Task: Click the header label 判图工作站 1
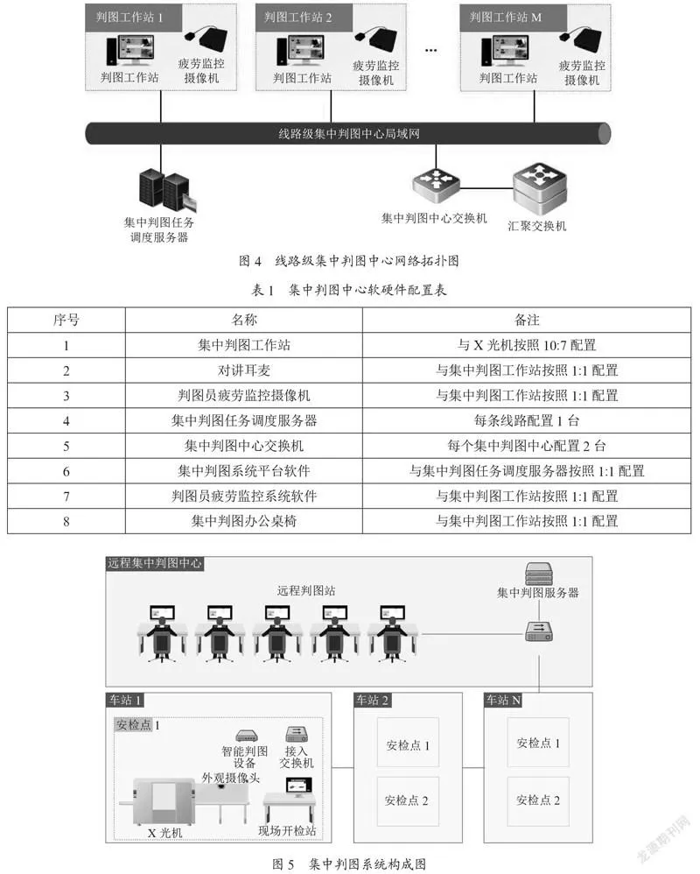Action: (129, 18)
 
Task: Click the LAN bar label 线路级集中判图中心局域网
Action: (349, 134)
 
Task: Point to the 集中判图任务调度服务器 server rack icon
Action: (164, 192)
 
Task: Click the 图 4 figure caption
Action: (349, 261)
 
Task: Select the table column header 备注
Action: (527, 320)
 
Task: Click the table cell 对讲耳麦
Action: (244, 370)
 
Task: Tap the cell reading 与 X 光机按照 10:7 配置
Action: (527, 345)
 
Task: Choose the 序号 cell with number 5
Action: (66, 446)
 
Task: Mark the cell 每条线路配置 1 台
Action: (527, 420)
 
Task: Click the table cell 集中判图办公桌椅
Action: (244, 521)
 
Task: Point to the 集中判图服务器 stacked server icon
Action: (538, 573)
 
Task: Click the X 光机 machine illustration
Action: (163, 801)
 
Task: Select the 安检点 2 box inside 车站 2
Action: (408, 801)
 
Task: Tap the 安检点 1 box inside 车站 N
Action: (538, 743)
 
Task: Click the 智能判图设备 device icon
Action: (247, 736)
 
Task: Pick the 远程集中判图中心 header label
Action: (154, 563)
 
